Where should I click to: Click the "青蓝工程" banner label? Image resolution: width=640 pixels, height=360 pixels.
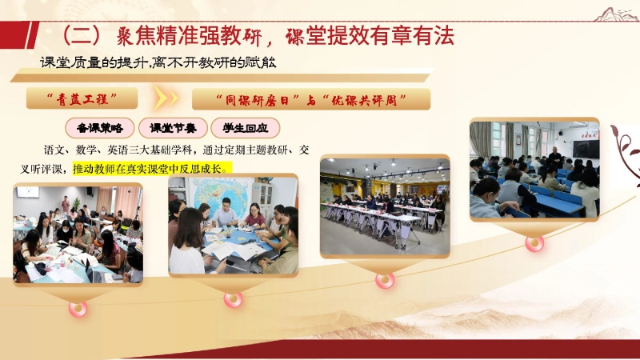(82, 98)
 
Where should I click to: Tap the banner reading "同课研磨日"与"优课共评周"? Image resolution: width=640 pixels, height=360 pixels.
(311, 99)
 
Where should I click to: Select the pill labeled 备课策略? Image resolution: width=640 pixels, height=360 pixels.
(100, 128)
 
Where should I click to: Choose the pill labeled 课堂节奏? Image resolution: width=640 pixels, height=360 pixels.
(173, 128)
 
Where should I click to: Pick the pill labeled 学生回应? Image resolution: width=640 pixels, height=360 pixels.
(245, 128)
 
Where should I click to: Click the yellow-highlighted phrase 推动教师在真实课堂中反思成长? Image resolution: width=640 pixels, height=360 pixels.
(151, 169)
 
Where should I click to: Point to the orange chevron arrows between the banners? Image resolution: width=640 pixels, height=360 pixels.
(166, 98)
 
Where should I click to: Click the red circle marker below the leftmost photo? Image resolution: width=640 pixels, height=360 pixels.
(78, 308)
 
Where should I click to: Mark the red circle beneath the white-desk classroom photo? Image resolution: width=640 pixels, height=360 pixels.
(385, 280)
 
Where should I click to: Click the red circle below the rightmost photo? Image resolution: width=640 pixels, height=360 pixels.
(534, 243)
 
